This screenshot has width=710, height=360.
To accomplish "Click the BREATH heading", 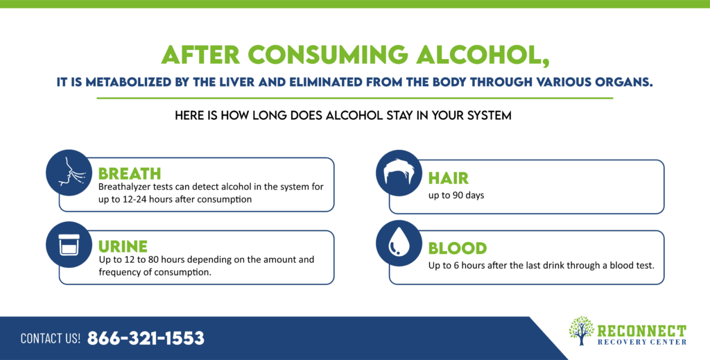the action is coord(130,174).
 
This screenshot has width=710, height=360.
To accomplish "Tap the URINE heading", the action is coord(123,247).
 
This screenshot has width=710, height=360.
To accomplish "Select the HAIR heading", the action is coord(449,178).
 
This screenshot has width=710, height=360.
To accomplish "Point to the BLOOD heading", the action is coord(458,248).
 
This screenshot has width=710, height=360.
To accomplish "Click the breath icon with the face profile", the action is coord(69,173).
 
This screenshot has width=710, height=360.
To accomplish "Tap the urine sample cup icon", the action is coord(69,245).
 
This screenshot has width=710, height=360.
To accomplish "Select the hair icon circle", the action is coord(399,173).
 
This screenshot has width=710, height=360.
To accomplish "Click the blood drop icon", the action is coord(399,243).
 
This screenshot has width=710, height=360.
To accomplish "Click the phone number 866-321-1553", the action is coord(146,338).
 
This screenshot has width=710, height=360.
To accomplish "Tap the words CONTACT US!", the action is coord(50,338).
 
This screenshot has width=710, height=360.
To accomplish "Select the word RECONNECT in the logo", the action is coord(641,331).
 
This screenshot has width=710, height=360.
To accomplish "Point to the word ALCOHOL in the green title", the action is coord(483,55).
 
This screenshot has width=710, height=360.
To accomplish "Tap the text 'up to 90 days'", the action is coord(456,196).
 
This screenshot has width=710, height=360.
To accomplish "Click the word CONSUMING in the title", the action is coord(328,55).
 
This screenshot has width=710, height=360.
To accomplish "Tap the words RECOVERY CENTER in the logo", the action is coord(641,342).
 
